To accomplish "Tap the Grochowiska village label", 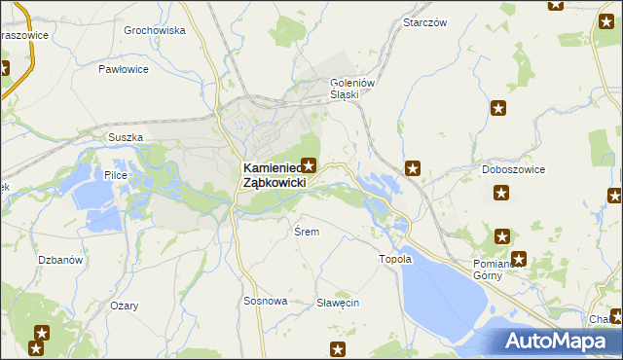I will pyautogui.click(x=155, y=30).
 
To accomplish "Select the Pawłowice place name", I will pyautogui.click(x=124, y=69).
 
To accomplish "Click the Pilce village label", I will pyautogui.click(x=116, y=174).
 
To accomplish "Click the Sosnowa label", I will pyautogui.click(x=265, y=301).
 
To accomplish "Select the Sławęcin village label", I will pyautogui.click(x=338, y=303).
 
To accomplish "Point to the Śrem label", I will pyautogui.click(x=307, y=232).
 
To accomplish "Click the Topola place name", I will pyautogui.click(x=395, y=259).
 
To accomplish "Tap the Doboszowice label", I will pyautogui.click(x=512, y=169).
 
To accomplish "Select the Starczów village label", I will pyautogui.click(x=424, y=22).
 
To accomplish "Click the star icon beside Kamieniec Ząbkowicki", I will pyautogui.click(x=310, y=165).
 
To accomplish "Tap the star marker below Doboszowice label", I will pyautogui.click(x=501, y=195).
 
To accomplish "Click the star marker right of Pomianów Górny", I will pyautogui.click(x=519, y=260).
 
